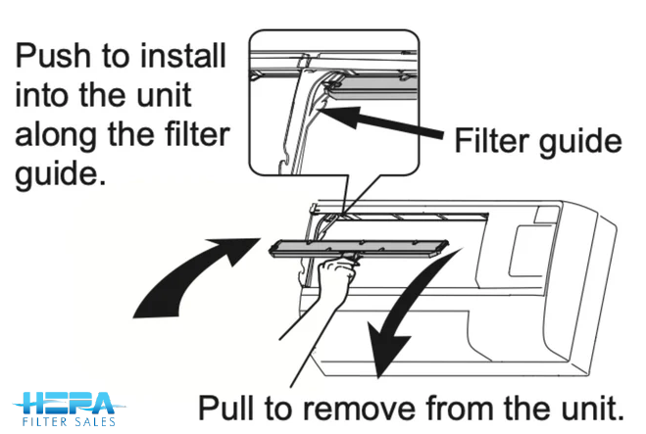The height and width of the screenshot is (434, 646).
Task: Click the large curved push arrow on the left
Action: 192,279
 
